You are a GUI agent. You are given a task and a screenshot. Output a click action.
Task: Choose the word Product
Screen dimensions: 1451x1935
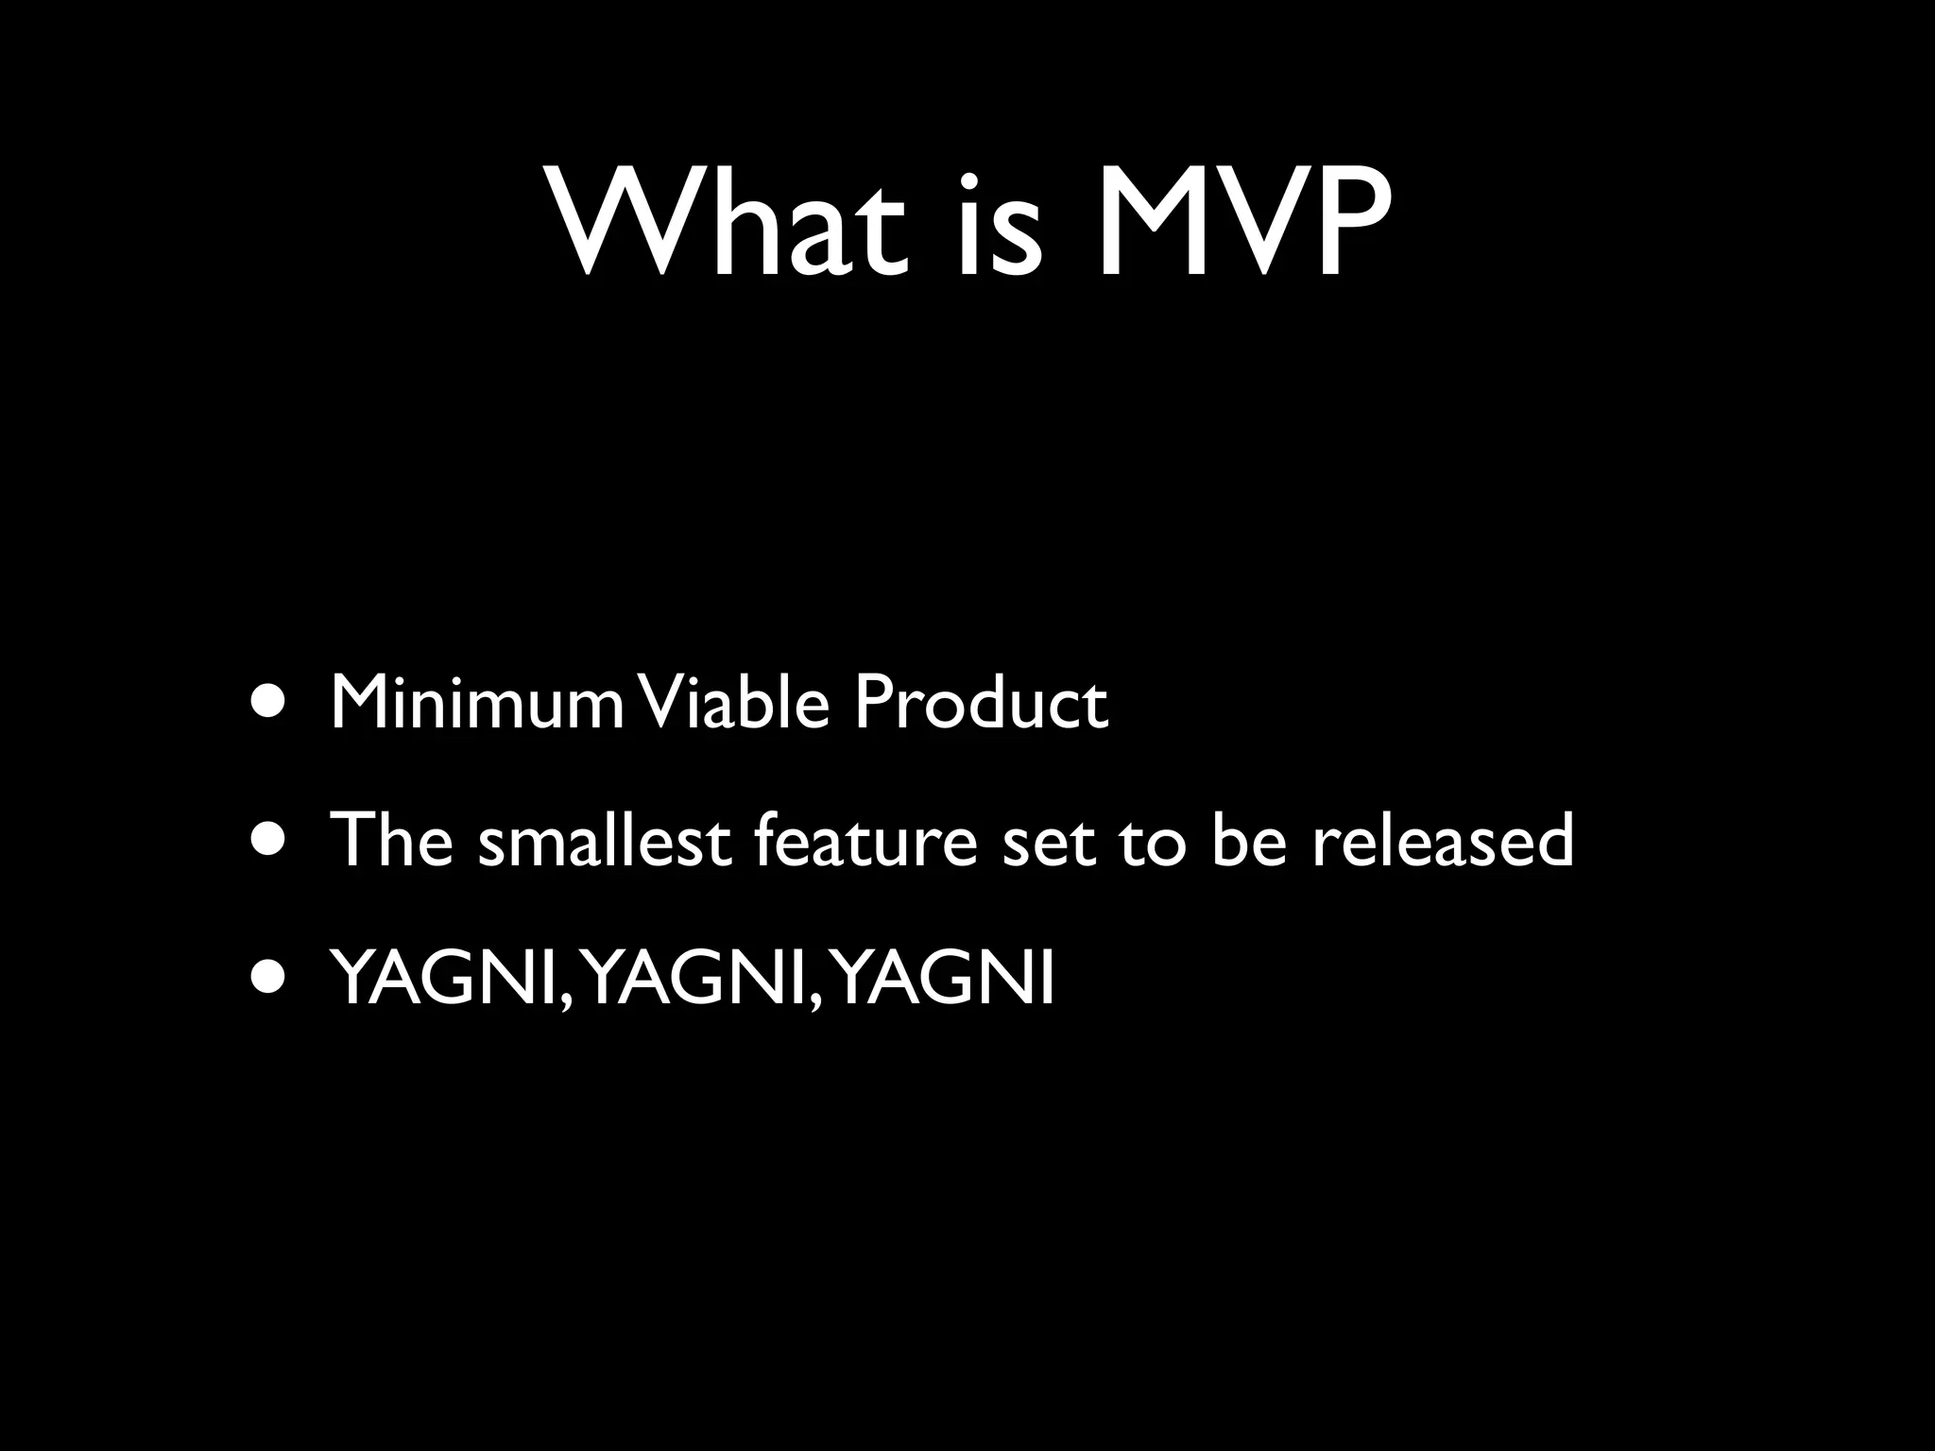pos(980,703)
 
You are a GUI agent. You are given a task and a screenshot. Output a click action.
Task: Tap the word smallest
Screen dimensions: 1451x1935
pos(605,840)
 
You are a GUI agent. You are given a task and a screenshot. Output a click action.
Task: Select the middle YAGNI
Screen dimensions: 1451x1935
pos(694,979)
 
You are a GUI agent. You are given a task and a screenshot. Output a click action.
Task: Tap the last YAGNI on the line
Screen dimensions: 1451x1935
pos(945,979)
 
